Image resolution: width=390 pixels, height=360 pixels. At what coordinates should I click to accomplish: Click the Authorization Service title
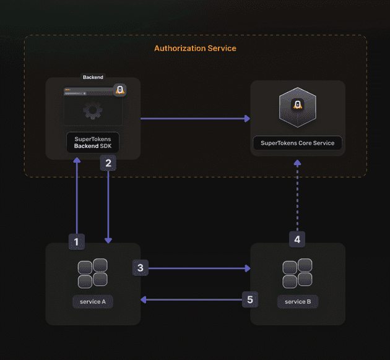[195, 48]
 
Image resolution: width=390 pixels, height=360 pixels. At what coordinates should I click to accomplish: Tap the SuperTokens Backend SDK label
[93, 142]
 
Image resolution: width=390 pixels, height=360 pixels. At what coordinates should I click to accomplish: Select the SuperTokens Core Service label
[297, 143]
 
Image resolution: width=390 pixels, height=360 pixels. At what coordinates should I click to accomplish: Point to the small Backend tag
[93, 77]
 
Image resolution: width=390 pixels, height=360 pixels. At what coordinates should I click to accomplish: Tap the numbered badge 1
[76, 241]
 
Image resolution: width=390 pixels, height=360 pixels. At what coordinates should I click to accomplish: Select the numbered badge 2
[108, 163]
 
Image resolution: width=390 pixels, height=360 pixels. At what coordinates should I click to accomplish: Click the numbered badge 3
[141, 267]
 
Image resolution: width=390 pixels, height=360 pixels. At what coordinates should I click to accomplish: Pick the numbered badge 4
[297, 239]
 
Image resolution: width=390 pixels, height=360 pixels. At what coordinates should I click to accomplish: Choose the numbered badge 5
[250, 300]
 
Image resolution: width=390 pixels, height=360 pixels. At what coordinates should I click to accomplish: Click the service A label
[93, 302]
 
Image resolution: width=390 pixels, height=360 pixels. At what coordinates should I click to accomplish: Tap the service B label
[298, 302]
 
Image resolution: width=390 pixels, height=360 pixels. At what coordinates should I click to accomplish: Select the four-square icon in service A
[93, 273]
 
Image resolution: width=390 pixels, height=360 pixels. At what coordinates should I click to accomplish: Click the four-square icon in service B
[297, 273]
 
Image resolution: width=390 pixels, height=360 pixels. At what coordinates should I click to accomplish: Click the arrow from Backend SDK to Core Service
[195, 118]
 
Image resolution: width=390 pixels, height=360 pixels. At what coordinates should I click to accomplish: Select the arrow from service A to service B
[198, 268]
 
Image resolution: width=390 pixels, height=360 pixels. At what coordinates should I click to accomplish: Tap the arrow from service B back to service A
[192, 300]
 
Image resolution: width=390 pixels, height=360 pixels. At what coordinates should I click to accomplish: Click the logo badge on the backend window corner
[120, 90]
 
